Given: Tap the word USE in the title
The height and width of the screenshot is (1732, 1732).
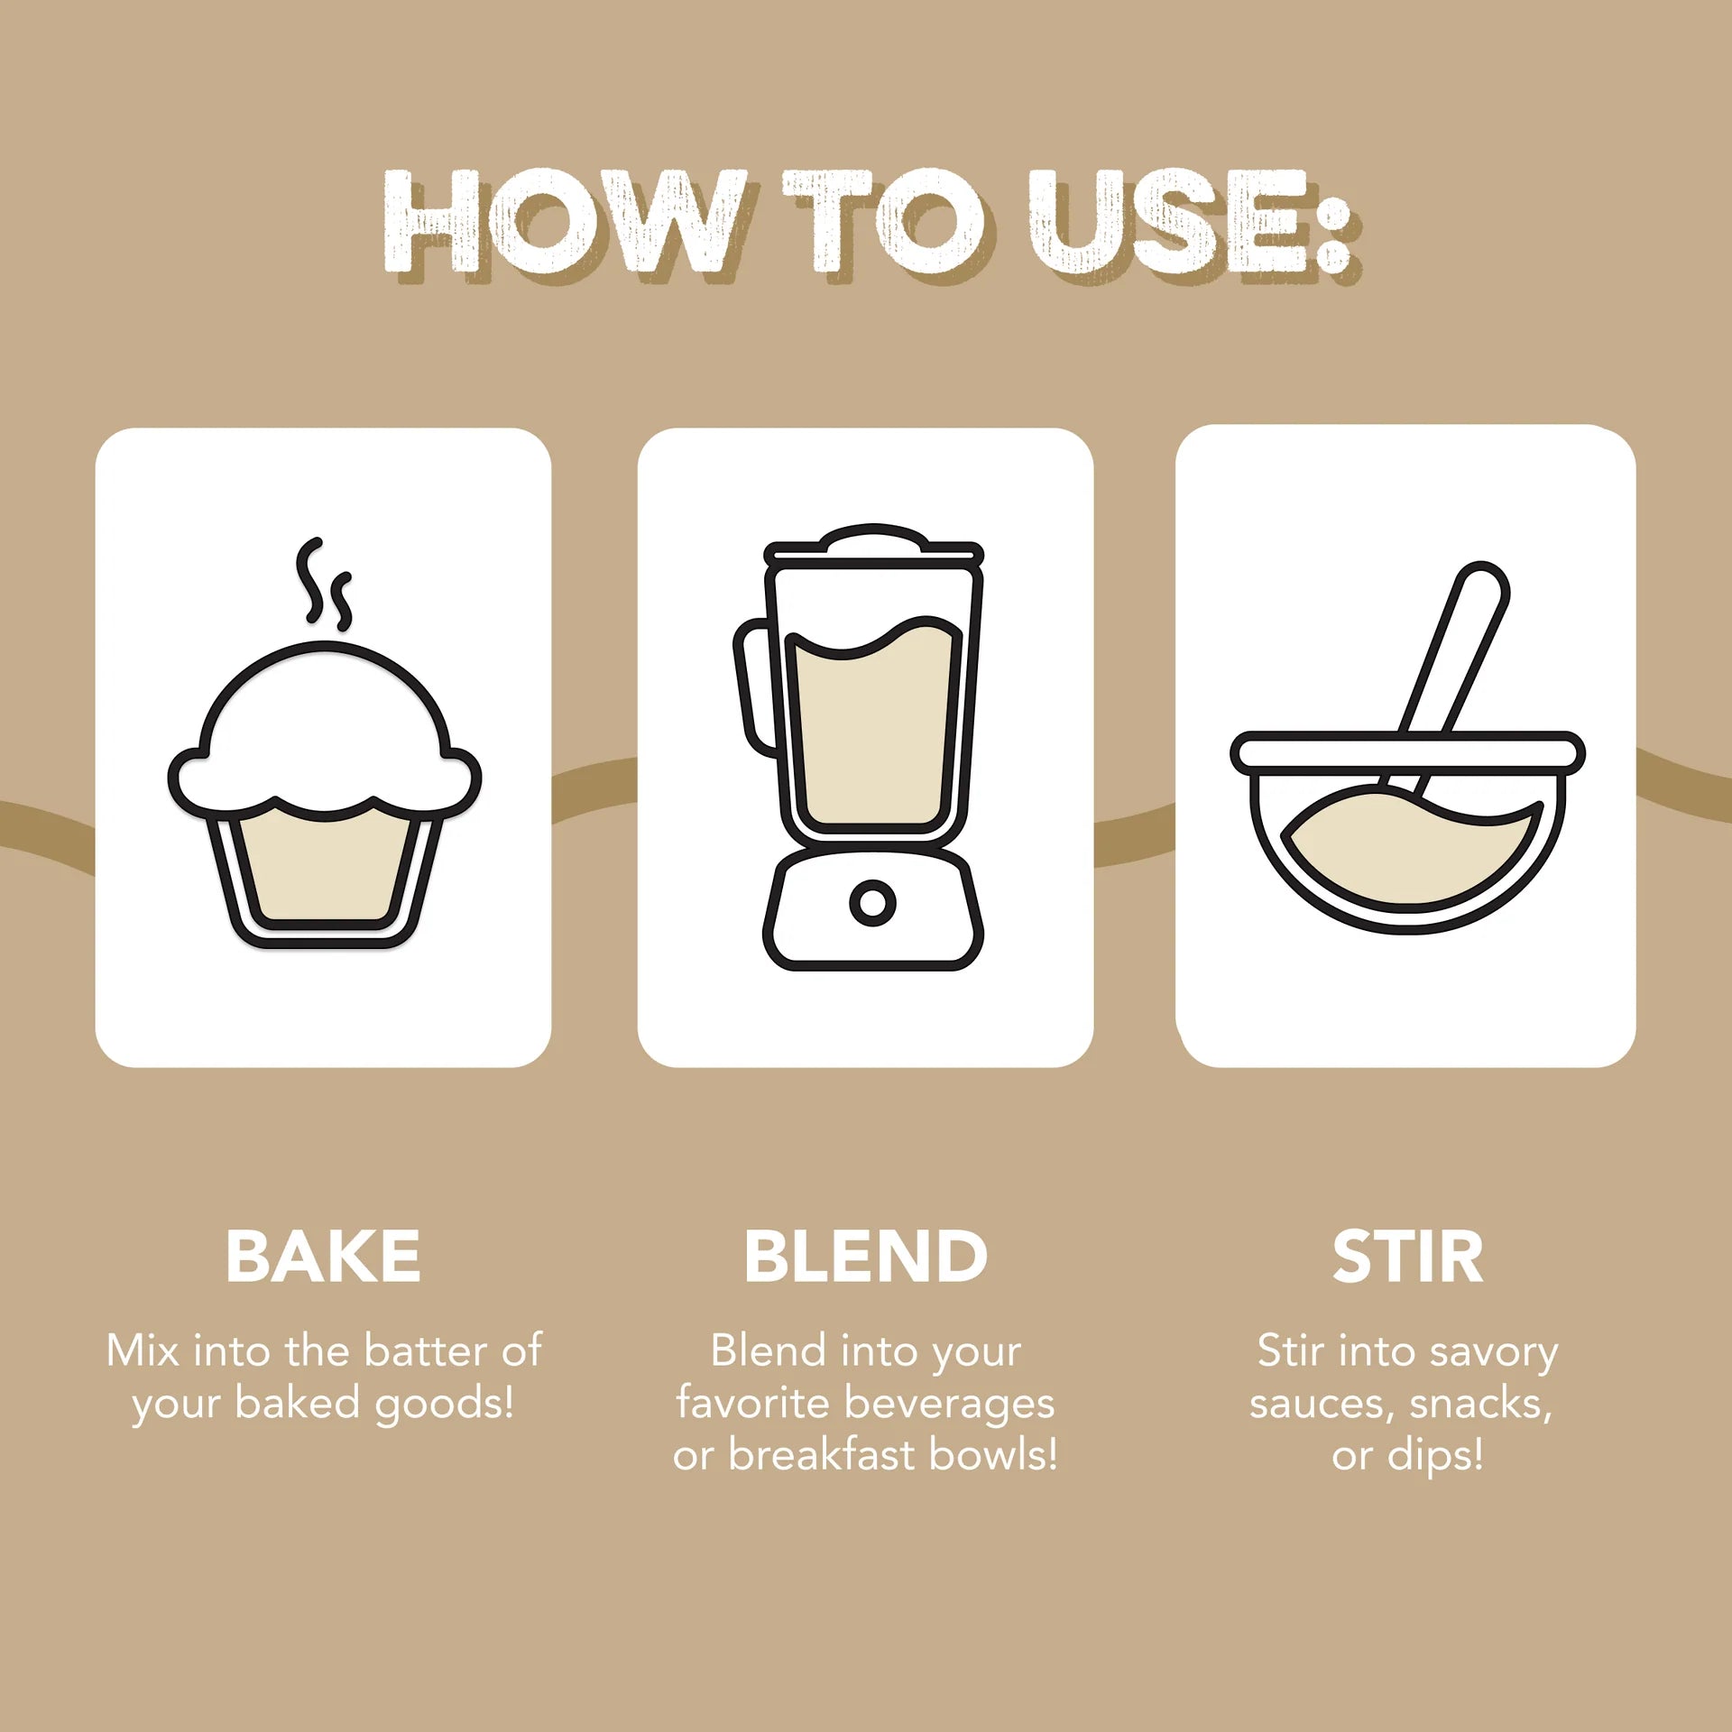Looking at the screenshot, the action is click(x=1168, y=222).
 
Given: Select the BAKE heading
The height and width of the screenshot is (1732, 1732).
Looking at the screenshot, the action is click(x=323, y=1257).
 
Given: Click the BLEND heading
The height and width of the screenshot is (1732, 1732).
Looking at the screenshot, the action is click(x=866, y=1257).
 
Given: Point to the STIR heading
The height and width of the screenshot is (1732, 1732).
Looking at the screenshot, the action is click(x=1407, y=1257).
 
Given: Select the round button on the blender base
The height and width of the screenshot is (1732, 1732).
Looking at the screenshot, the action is click(x=872, y=902).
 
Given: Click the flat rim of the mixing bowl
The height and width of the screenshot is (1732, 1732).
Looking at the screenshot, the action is click(x=1407, y=752).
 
